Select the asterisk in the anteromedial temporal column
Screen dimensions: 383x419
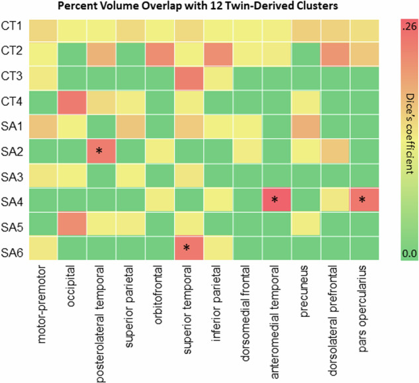[274, 200]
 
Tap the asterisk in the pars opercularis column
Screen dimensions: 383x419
[361, 200]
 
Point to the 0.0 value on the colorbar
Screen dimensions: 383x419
[406, 251]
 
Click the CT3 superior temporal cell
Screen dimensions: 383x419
[187, 77]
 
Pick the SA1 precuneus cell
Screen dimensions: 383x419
[303, 125]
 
